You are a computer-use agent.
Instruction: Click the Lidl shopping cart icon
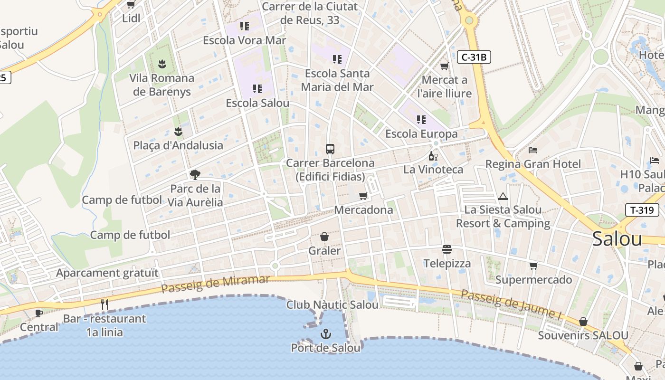point(131,5)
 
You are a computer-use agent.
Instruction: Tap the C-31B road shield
point(474,57)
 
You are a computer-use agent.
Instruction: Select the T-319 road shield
point(642,210)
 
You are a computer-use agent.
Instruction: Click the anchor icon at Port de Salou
point(325,334)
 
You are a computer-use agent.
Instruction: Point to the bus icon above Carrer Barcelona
point(330,149)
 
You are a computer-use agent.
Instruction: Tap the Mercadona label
point(363,210)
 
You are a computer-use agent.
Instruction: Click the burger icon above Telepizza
point(446,249)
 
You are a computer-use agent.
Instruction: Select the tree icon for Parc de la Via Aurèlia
point(195,175)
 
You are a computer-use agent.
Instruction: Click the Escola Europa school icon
point(421,120)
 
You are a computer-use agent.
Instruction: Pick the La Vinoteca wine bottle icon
point(433,156)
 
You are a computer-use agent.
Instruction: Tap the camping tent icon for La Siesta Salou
point(503,196)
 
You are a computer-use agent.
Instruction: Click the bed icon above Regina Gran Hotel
point(533,150)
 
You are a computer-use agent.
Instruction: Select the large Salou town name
point(617,239)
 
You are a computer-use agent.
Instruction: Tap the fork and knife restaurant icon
point(104,304)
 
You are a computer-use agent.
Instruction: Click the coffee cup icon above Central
point(39,313)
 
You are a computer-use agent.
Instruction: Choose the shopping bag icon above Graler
point(324,237)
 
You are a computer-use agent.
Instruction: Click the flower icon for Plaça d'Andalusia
point(178,131)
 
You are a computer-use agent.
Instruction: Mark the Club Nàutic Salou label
point(332,305)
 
